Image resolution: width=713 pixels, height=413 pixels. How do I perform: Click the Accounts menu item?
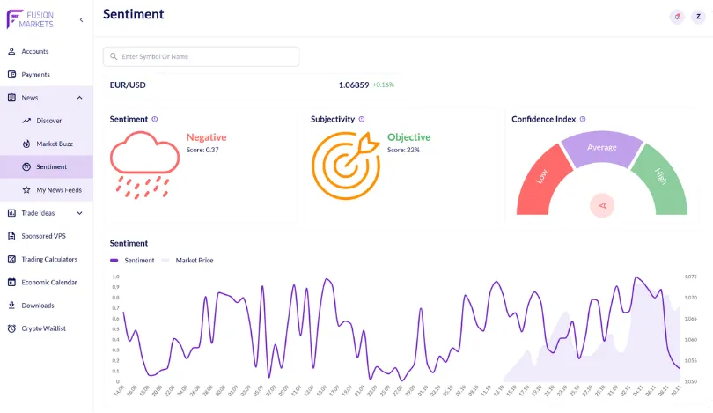point(34,51)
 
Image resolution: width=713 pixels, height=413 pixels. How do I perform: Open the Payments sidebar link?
point(35,75)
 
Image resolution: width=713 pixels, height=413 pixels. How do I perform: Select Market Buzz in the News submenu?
point(55,144)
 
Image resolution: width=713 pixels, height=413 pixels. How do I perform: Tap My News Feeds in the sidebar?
point(59,189)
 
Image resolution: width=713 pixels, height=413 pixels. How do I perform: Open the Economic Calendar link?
point(49,283)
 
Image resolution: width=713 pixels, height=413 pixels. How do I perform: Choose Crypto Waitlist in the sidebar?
point(43,328)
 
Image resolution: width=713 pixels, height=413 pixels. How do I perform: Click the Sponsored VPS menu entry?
point(43,236)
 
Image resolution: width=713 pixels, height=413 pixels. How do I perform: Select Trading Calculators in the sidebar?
point(49,259)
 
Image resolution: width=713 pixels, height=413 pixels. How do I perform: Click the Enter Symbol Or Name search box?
point(202,56)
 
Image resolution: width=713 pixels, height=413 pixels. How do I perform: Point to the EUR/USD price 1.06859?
point(354,85)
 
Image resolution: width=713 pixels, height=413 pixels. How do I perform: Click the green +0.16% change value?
point(384,85)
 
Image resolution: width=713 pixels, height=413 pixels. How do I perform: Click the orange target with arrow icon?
point(344,163)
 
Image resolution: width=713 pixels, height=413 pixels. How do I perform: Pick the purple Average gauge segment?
point(602,148)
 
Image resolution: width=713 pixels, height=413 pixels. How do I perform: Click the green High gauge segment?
point(663,178)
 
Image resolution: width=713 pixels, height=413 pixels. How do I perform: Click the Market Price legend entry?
point(194,261)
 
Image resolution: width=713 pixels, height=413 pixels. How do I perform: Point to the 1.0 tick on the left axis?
point(115,277)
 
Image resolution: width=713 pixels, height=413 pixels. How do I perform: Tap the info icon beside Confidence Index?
point(583,119)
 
